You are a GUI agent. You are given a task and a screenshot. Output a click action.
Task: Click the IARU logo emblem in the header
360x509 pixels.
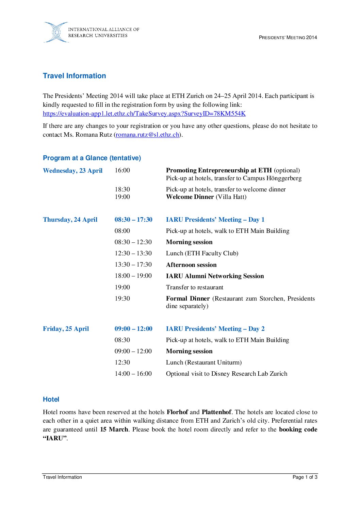click(x=56, y=32)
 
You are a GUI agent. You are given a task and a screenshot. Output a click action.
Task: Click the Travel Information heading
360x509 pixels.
click(x=74, y=76)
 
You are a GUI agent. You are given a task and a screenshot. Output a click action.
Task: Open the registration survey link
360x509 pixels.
click(x=144, y=114)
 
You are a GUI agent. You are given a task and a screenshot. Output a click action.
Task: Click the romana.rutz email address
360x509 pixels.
click(x=147, y=135)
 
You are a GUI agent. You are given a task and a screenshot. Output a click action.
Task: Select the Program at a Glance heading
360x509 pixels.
click(x=92, y=158)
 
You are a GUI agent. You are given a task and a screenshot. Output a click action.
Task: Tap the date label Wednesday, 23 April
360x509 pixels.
click(x=72, y=171)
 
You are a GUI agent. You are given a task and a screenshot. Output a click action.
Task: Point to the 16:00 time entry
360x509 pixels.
click(x=122, y=170)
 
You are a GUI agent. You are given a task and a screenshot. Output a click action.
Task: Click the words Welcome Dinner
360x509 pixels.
click(x=190, y=197)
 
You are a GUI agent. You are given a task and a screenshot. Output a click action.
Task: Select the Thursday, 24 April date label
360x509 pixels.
click(x=70, y=220)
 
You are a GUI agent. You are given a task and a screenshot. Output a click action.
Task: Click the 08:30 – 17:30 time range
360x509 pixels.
click(x=133, y=220)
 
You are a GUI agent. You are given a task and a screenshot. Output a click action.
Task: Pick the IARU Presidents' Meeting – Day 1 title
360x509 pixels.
click(x=215, y=220)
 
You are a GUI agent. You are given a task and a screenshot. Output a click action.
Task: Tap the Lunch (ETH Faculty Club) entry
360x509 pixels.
click(x=202, y=253)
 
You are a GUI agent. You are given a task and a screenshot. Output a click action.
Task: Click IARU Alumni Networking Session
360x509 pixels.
click(x=215, y=276)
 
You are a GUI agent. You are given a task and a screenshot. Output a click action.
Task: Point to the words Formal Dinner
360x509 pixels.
click(x=188, y=299)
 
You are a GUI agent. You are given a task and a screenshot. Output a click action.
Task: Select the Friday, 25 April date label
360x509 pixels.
click(x=66, y=329)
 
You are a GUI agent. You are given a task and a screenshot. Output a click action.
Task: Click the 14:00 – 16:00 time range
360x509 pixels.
click(x=133, y=374)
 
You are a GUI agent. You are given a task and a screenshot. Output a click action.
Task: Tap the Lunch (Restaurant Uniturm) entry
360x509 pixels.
click(x=204, y=362)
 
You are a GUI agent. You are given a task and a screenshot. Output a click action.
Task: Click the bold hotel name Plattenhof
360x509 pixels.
click(x=216, y=412)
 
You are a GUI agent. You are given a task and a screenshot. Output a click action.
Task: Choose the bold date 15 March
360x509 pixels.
click(x=114, y=429)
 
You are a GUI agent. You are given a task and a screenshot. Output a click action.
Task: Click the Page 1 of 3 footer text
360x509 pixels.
click(x=305, y=477)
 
